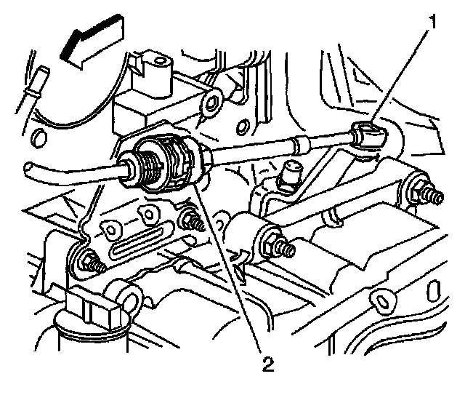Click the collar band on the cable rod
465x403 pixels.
[297, 143]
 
